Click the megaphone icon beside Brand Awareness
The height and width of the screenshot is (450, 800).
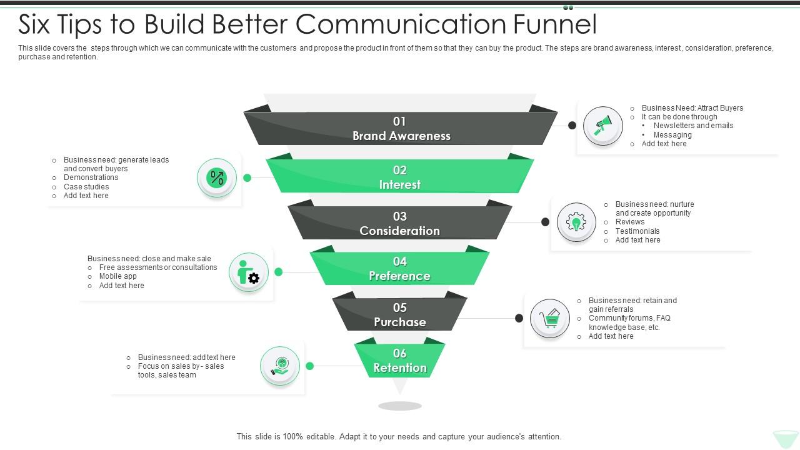click(602, 125)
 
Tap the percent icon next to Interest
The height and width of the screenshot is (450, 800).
click(217, 178)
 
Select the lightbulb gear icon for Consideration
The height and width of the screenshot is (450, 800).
click(576, 222)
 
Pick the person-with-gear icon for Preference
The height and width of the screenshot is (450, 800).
click(249, 272)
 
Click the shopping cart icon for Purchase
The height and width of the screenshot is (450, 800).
click(550, 318)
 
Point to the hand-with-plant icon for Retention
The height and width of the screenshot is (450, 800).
click(280, 366)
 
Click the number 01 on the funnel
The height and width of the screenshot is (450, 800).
click(399, 121)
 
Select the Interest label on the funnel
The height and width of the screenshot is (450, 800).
click(400, 185)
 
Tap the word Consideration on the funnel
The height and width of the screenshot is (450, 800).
click(400, 231)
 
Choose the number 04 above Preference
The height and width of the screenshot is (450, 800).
click(399, 261)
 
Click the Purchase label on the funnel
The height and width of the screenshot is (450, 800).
click(400, 322)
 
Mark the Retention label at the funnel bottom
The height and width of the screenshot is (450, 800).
click(400, 368)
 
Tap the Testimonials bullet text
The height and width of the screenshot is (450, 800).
click(637, 231)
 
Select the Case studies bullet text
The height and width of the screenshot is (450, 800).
click(86, 187)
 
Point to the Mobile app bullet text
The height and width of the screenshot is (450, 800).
click(117, 276)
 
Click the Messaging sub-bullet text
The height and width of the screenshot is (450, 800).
click(672, 135)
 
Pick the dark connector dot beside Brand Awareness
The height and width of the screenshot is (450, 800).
click(572, 125)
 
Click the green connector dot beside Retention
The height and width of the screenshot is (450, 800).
click(309, 366)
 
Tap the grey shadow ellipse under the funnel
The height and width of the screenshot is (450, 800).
click(400, 406)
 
